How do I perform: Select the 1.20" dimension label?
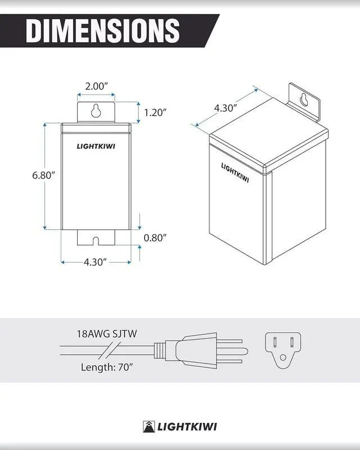(155, 112)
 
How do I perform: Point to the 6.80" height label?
(43, 175)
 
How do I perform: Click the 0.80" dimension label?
(155, 237)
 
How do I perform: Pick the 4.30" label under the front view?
(96, 262)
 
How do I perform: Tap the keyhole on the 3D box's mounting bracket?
(304, 99)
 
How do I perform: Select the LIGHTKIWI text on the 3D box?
(235, 173)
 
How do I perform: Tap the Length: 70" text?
(105, 367)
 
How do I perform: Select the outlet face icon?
(283, 348)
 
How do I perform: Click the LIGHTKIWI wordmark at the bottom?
(186, 426)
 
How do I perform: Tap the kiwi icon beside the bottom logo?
(148, 426)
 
